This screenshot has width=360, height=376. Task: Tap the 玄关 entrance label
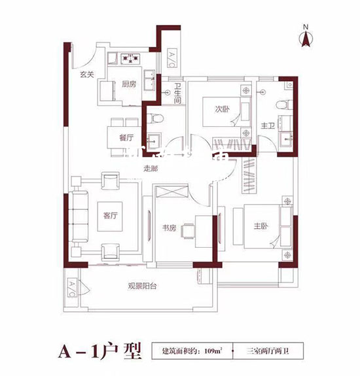[x=86, y=74]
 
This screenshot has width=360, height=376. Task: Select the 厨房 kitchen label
[x=128, y=84]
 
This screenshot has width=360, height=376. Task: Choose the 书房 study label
[x=170, y=228]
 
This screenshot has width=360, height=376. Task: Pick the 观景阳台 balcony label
[x=145, y=286]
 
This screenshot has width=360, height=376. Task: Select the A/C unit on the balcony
[x=71, y=288]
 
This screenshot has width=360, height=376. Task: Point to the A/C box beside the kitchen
[x=170, y=58]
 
